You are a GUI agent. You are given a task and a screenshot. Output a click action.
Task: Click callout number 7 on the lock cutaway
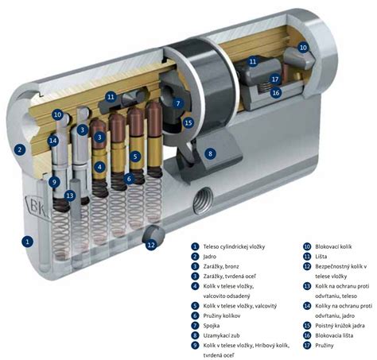pyautogui.click(x=178, y=103)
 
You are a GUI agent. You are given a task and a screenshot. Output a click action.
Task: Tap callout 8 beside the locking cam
pyautogui.click(x=210, y=153)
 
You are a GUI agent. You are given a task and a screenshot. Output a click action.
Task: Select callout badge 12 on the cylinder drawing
pyautogui.click(x=151, y=244)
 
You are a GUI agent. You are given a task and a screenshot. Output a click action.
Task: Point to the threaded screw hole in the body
pyautogui.click(x=203, y=199)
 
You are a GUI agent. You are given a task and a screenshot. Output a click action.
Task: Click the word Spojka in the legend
pyautogui.click(x=212, y=326)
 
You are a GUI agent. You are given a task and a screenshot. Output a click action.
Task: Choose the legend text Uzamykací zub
pyautogui.click(x=221, y=335)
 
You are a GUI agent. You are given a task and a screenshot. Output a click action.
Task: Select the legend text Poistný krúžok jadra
pyautogui.click(x=340, y=326)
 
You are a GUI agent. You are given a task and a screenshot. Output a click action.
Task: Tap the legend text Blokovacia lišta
pyautogui.click(x=334, y=335)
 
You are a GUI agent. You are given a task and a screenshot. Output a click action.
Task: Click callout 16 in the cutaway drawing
pyautogui.click(x=276, y=93)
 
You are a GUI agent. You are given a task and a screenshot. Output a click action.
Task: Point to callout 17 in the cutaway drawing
pyautogui.click(x=275, y=79)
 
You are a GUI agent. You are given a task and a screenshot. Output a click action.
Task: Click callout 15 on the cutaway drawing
pyautogui.click(x=188, y=123)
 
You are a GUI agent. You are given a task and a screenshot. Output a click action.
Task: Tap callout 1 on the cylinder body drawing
pyautogui.click(x=28, y=242)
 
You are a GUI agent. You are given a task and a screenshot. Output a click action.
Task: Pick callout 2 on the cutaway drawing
pyautogui.click(x=20, y=150)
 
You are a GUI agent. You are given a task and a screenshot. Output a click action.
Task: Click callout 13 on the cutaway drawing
pyautogui.click(x=70, y=195)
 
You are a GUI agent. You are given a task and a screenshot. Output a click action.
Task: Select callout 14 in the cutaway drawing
pyautogui.click(x=53, y=141)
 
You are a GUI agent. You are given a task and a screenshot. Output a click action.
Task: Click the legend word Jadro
pyautogui.click(x=210, y=257)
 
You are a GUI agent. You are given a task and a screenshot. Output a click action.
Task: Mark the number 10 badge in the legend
pyautogui.click(x=307, y=246)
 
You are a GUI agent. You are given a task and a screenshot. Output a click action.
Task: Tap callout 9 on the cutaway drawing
pyautogui.click(x=54, y=182)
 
